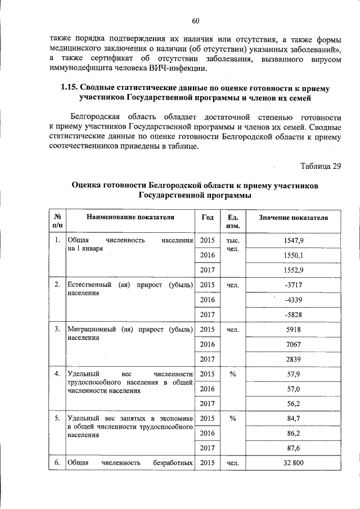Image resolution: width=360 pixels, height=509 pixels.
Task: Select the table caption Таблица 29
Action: coord(321,165)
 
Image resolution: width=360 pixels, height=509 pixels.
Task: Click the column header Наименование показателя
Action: coord(130,217)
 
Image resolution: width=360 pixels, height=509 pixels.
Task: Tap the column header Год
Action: coord(207,217)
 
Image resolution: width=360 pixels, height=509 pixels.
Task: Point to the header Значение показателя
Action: coord(293,217)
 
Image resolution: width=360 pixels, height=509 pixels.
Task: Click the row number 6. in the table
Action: coord(57,463)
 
